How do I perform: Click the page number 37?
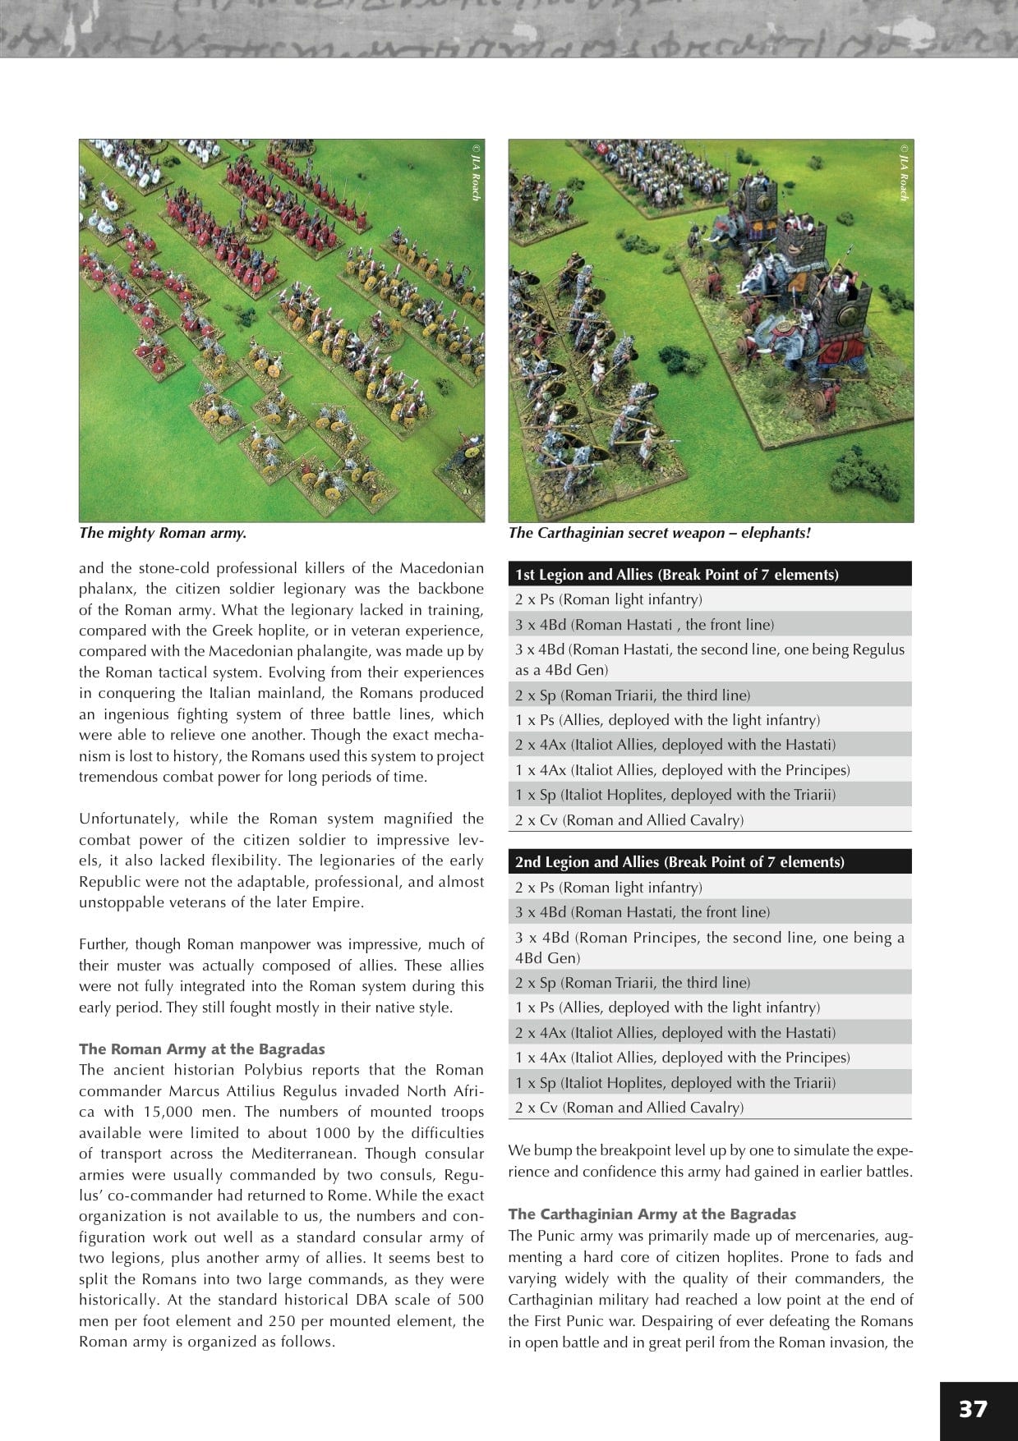(973, 1408)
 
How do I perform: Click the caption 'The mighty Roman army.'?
(163, 533)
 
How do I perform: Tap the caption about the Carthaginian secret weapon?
(659, 533)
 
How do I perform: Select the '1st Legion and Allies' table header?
(676, 575)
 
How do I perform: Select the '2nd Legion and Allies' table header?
(679, 862)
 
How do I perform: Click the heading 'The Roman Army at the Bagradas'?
(201, 1049)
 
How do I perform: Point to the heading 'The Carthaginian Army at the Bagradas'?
(652, 1214)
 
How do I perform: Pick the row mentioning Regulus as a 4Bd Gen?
(709, 659)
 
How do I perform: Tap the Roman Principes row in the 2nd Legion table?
(709, 948)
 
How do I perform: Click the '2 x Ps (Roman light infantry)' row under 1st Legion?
(608, 599)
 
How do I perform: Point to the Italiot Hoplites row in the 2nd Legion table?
(675, 1082)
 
